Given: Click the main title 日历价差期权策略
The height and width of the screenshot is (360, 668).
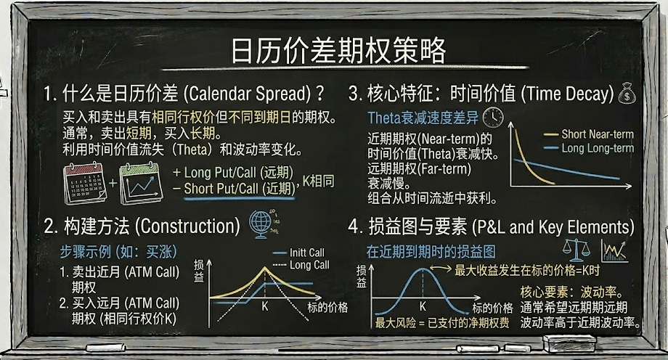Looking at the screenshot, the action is pyautogui.click(x=338, y=50).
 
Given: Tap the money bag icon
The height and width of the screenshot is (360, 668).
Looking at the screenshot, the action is pyautogui.click(x=627, y=94).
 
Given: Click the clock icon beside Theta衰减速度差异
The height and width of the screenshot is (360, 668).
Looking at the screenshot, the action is pyautogui.click(x=493, y=117).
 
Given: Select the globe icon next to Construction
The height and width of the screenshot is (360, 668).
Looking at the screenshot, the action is pyautogui.click(x=260, y=224).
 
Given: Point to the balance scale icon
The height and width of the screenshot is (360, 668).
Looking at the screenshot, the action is pyautogui.click(x=577, y=250).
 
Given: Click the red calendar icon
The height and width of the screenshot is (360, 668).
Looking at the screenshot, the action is pyautogui.click(x=85, y=184).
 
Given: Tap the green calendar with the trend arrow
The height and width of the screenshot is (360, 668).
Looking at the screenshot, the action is pyautogui.click(x=141, y=184).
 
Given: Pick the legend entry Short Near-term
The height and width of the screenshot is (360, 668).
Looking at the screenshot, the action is pyautogui.click(x=589, y=134).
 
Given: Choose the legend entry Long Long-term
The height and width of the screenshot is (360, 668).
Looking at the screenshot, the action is pyautogui.click(x=589, y=148).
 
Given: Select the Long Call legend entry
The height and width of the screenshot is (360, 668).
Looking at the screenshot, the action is pyautogui.click(x=301, y=265).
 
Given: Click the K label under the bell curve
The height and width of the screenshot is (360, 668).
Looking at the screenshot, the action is pyautogui.click(x=423, y=306).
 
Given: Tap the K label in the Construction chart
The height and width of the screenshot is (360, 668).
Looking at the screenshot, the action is pyautogui.click(x=265, y=306).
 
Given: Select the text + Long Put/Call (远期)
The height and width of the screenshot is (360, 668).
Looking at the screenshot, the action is pyautogui.click(x=233, y=173).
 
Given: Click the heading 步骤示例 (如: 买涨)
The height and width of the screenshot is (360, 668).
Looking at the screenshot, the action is pyautogui.click(x=118, y=252).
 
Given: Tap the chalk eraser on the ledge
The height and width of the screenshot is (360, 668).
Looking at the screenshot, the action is pyautogui.click(x=569, y=343).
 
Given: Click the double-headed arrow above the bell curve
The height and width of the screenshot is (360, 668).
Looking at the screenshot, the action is pyautogui.click(x=441, y=268).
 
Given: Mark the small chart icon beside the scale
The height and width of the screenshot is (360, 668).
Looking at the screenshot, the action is pyautogui.click(x=614, y=250).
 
